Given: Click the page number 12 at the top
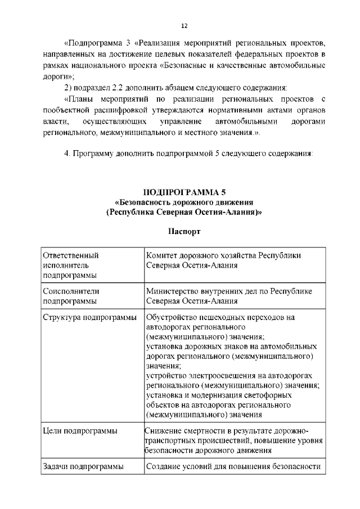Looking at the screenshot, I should coord(184,26).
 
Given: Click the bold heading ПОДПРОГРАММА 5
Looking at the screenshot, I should coord(184,192).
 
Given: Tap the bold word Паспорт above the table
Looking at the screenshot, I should coord(184,231).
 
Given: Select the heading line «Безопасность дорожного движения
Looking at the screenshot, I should coord(184,202).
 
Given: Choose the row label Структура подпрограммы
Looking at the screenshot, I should coord(89,317).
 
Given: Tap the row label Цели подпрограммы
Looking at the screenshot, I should coord(80,431).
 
